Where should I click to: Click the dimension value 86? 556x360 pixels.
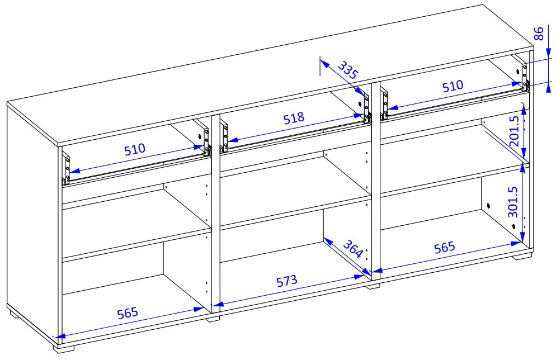coord(538,34)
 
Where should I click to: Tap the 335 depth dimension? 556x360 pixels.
coord(348,70)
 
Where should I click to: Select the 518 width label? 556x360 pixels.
coord(294,118)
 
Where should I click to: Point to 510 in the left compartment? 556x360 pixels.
coord(135,149)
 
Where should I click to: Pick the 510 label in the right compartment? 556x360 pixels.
coord(453,86)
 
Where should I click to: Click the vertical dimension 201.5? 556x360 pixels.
coord(515,131)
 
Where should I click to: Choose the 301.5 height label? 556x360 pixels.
coord(513,202)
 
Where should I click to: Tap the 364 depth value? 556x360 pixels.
coord(353,249)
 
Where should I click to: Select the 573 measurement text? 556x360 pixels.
coord(286,281)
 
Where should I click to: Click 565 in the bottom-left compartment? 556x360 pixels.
coord(128,313)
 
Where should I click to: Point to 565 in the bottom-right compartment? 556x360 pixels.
coord(444,247)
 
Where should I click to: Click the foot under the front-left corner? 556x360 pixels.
coord(64,348)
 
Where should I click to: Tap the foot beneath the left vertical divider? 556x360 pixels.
coord(213,319)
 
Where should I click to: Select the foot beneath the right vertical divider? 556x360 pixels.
coord(373,286)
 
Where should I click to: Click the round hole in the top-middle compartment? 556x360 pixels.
coord(360,105)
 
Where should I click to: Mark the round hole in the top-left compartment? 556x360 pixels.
coord(200,137)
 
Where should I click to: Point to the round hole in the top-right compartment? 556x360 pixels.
coord(518,72)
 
